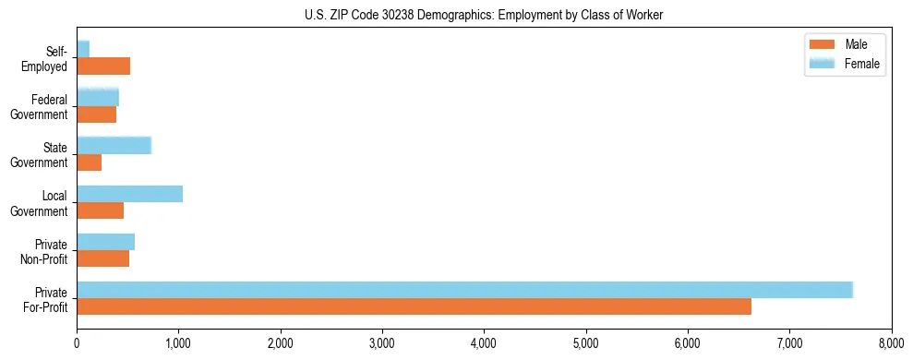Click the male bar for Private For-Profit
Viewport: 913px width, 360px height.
[x=414, y=306]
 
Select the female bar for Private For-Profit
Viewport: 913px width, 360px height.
[x=464, y=290]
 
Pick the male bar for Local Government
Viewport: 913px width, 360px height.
[x=100, y=210]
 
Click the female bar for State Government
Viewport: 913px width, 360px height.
[x=114, y=145]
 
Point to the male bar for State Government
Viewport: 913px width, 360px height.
[x=89, y=162]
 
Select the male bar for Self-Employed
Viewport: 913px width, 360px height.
[x=103, y=66]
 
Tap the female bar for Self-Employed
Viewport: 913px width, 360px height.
[x=83, y=49]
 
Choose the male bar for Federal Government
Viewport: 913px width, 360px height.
[x=96, y=114]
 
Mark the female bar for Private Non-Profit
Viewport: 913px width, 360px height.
[x=105, y=242]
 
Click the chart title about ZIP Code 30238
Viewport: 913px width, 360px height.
[x=484, y=15]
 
